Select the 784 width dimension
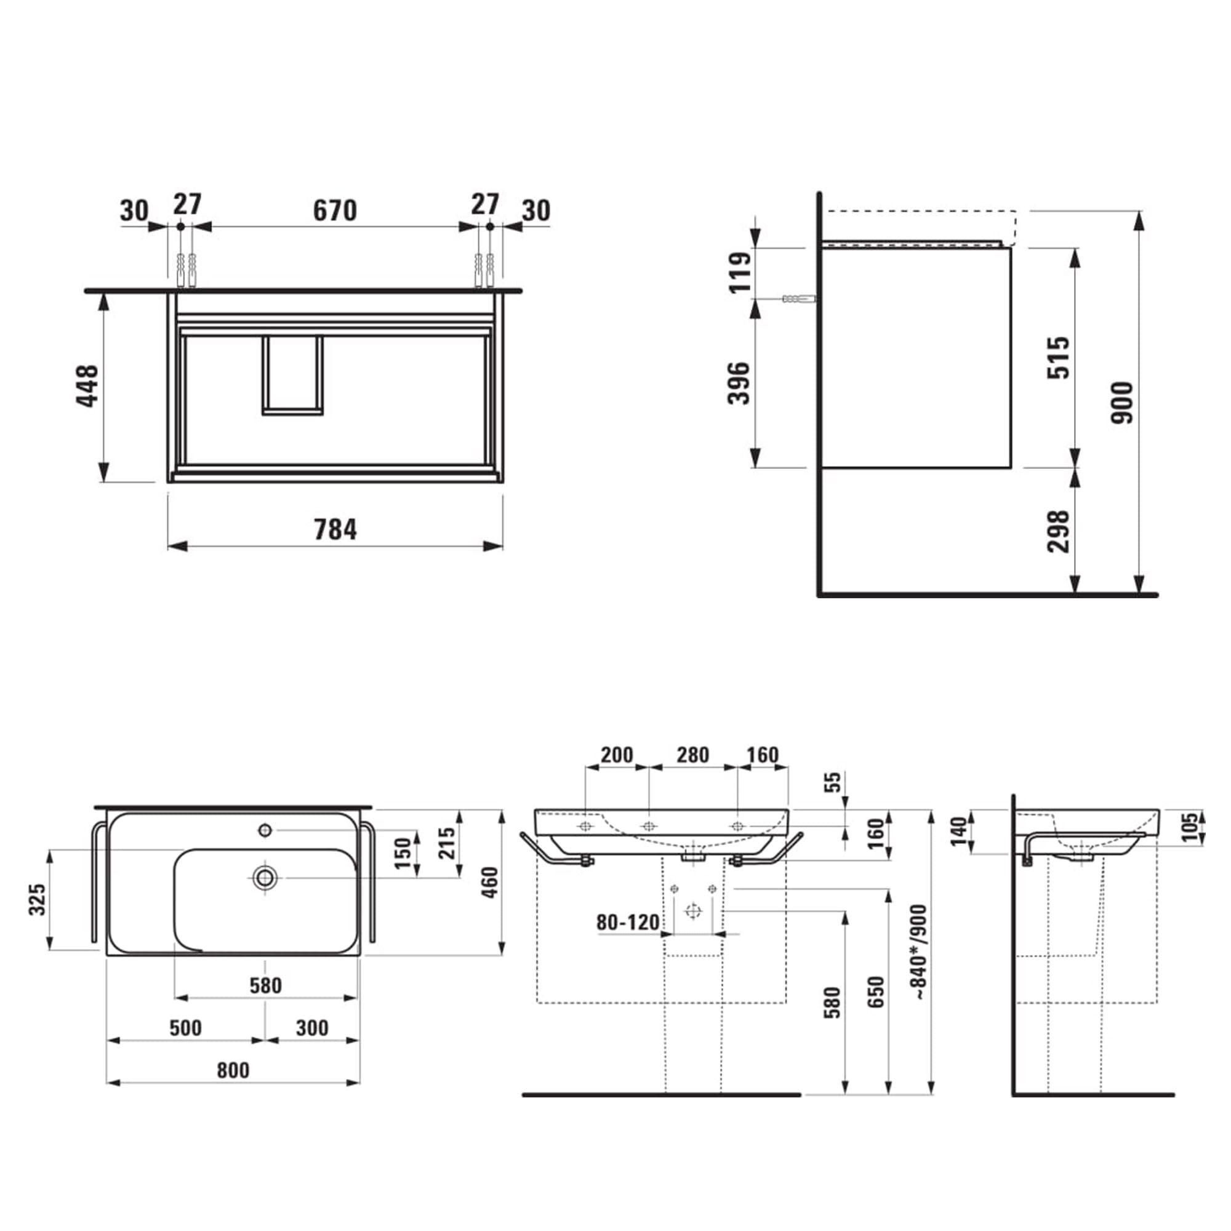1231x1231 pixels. click(x=335, y=529)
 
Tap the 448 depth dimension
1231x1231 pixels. click(x=88, y=385)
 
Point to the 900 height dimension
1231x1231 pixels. click(x=1122, y=403)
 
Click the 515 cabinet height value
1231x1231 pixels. click(x=1059, y=358)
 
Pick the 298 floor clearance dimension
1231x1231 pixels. click(x=1059, y=531)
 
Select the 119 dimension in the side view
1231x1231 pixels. click(x=740, y=273)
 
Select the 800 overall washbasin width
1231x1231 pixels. click(x=233, y=1070)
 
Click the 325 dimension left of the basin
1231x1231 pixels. click(x=38, y=899)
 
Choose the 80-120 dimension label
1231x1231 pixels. click(x=628, y=922)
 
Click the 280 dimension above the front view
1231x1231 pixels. click(x=692, y=755)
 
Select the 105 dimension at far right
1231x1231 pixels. click(x=1190, y=827)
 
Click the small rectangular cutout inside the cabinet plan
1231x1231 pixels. click(x=292, y=375)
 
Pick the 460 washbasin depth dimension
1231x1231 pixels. click(x=490, y=883)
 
